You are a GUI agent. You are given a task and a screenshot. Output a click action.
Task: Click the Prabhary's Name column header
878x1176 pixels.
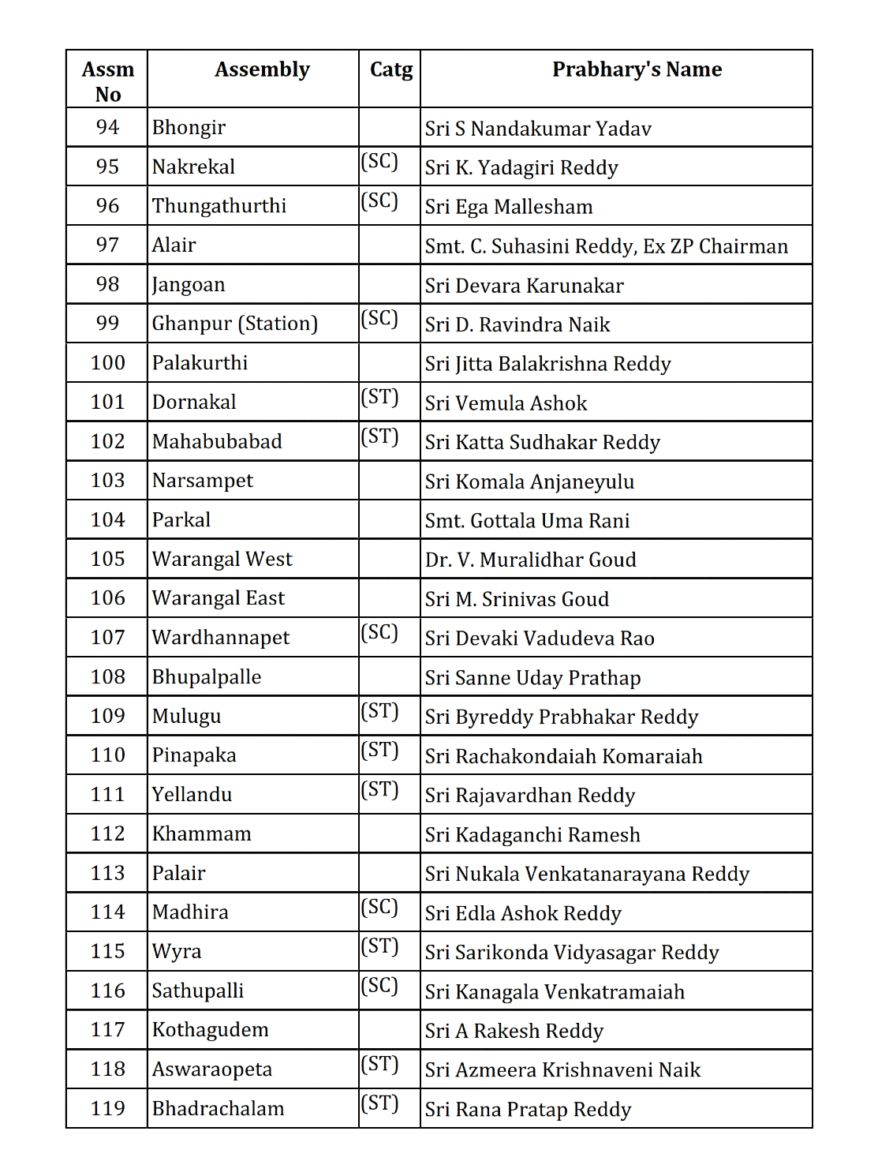(637, 69)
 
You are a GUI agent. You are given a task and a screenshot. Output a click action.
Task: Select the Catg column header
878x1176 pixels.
(390, 69)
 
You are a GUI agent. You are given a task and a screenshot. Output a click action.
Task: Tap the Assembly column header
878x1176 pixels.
(262, 69)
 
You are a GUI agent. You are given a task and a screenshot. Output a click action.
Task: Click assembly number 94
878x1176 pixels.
(107, 127)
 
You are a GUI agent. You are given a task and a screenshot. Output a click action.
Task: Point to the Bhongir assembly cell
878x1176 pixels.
(189, 128)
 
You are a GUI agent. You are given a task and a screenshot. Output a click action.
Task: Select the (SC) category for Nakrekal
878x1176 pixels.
(379, 162)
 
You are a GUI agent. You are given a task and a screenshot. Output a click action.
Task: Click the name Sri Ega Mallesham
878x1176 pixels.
(509, 207)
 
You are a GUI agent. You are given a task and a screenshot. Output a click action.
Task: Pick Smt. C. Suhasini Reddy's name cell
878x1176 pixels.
(606, 246)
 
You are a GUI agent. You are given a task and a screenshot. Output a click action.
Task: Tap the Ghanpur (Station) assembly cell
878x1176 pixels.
(235, 324)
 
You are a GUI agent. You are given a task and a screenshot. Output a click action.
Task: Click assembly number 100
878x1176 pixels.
(107, 363)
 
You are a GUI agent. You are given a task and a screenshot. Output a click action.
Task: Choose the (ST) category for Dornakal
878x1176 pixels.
(379, 397)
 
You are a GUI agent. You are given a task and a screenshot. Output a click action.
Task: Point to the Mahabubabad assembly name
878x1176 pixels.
(217, 441)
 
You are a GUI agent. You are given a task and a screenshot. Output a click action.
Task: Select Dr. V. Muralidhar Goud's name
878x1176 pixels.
(530, 560)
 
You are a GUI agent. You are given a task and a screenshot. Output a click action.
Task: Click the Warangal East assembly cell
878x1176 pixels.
(219, 598)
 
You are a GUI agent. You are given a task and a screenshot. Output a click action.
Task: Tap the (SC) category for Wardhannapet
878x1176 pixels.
(379, 633)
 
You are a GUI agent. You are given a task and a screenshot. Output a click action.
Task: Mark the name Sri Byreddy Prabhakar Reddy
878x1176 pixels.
(562, 717)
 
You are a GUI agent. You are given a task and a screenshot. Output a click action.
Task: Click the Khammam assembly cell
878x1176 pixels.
(202, 834)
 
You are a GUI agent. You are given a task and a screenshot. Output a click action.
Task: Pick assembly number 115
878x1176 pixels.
(107, 951)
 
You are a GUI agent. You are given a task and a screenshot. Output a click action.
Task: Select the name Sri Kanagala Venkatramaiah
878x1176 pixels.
(555, 992)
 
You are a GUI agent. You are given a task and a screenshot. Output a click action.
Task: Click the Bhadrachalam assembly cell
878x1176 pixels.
(218, 1108)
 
